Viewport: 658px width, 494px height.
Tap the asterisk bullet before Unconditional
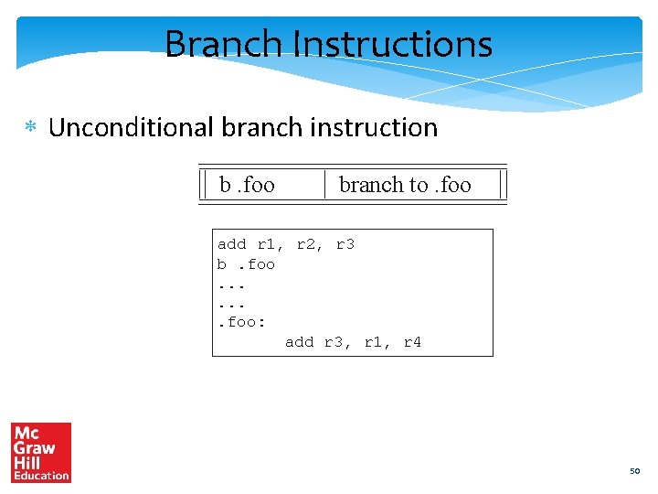coord(30,128)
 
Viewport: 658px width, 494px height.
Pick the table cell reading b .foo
coord(248,185)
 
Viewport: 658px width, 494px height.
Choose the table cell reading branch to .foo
coord(405,185)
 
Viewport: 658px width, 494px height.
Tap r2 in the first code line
coord(306,244)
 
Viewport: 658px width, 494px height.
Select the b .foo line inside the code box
coord(246,264)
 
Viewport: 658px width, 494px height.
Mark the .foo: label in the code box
coord(241,322)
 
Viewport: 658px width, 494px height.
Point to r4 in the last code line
coord(411,342)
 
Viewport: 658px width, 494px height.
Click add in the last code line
coord(300,342)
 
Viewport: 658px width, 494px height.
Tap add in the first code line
coord(231,244)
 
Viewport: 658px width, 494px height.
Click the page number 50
coord(634,471)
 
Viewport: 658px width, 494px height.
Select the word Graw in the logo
coord(35,448)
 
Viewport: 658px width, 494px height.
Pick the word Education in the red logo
coord(41,475)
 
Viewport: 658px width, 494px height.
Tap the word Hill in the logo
coord(28,462)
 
